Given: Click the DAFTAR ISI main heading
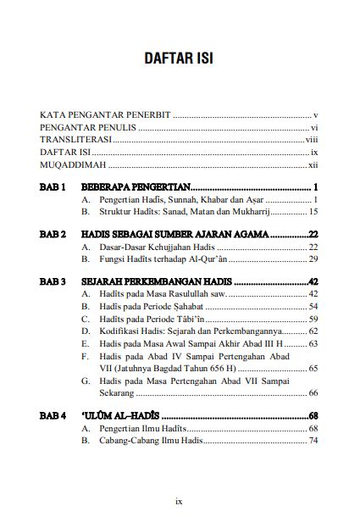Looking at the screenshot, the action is pos(180,61).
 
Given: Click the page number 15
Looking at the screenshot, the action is pos(313,212).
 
